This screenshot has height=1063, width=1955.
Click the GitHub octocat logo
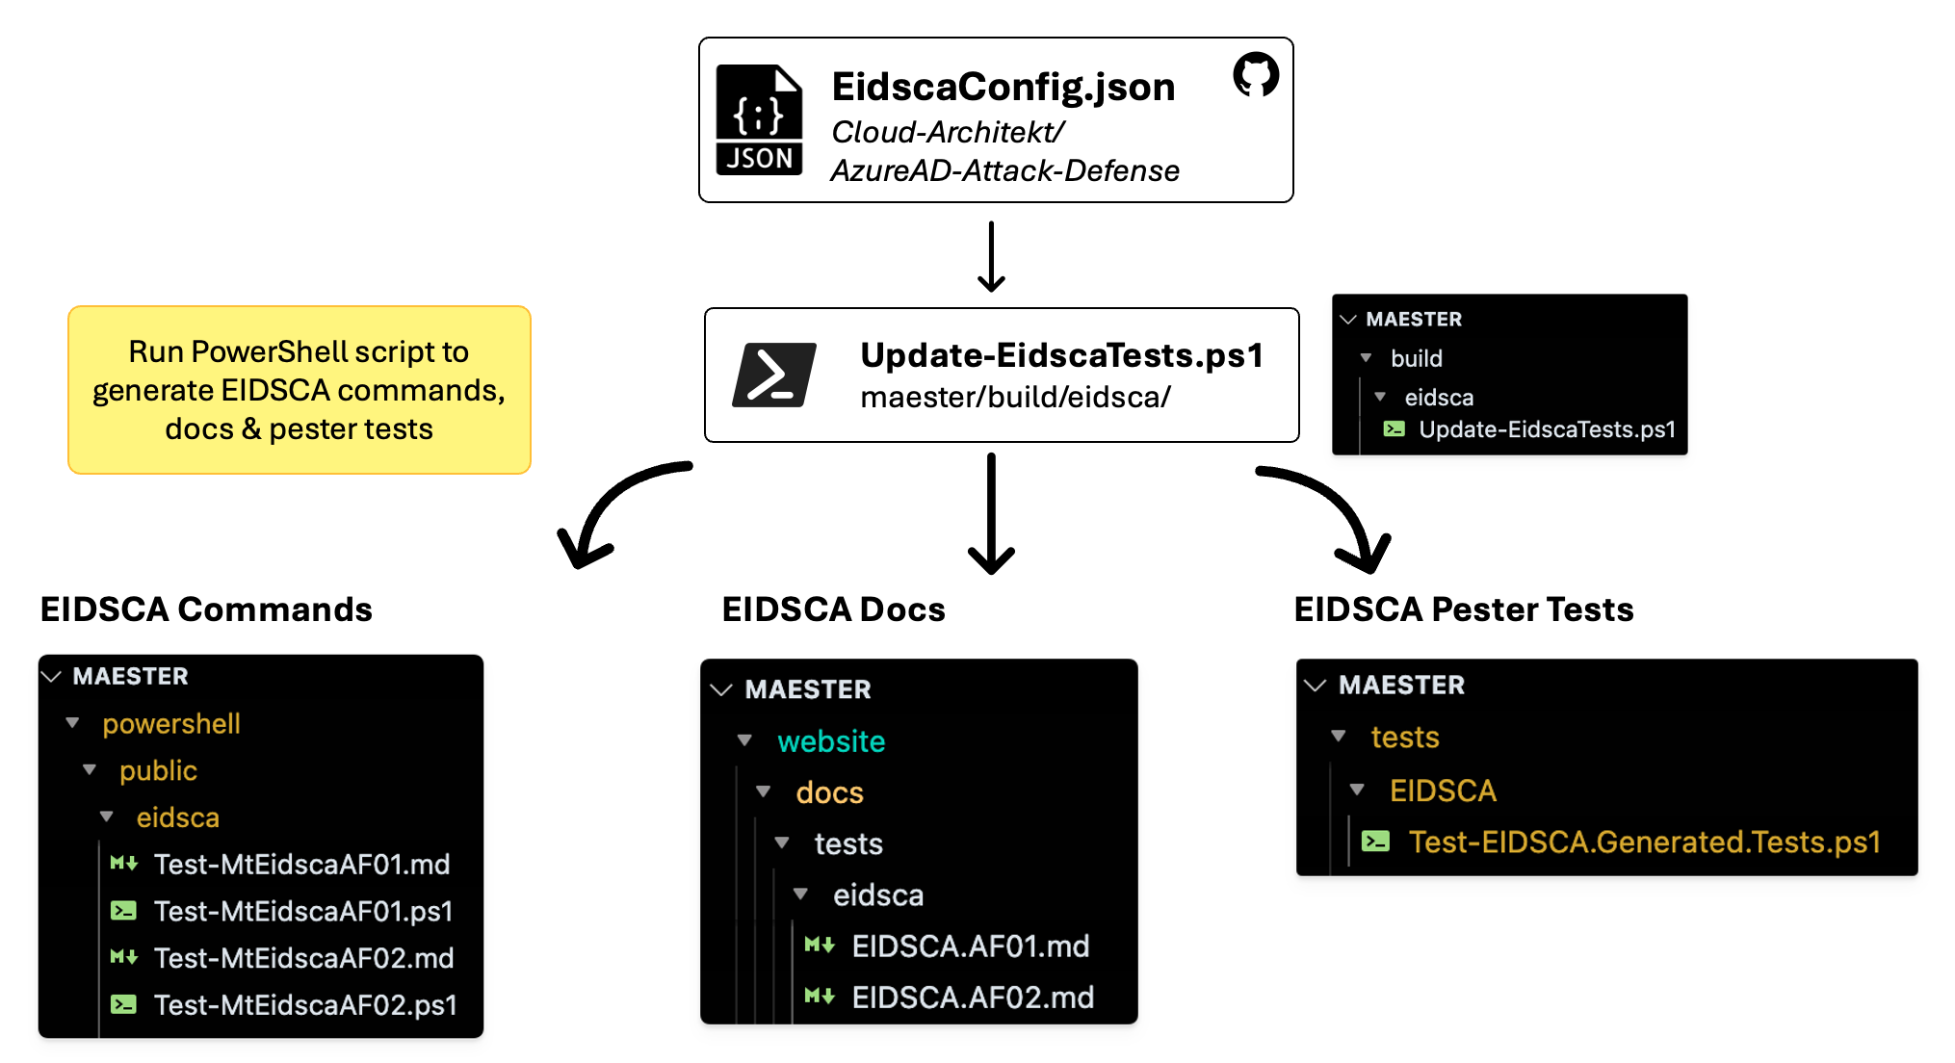[x=1256, y=74]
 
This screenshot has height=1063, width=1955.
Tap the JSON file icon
[x=759, y=120]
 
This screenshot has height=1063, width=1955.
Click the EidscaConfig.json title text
[x=1003, y=87]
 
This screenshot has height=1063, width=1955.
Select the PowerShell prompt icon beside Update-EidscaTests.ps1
[x=774, y=375]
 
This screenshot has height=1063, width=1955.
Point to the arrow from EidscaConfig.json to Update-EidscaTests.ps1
[x=991, y=256]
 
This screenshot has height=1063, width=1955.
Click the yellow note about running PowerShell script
[x=300, y=390]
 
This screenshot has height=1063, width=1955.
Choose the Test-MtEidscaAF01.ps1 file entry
[x=302, y=911]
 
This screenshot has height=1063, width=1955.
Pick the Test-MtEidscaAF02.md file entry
[x=302, y=958]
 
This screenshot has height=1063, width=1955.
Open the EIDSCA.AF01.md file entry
[x=970, y=946]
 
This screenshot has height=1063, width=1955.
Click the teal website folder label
[x=830, y=741]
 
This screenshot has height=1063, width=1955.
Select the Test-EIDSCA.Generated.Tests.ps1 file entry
[x=1643, y=843]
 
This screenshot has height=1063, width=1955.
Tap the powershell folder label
[x=170, y=724]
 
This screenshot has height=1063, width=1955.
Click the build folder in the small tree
[x=1416, y=359]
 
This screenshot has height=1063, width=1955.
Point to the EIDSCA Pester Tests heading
[x=1463, y=609]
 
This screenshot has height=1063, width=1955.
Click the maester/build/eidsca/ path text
[x=1015, y=397]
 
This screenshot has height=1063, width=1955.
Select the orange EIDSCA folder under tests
[x=1442, y=791]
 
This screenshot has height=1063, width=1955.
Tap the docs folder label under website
[x=829, y=792]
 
